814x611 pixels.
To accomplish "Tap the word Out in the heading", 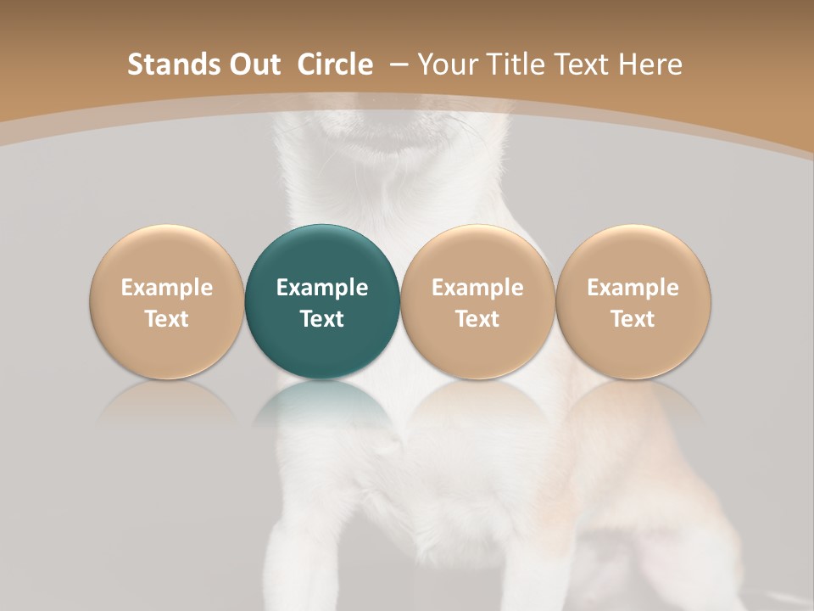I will click(256, 64).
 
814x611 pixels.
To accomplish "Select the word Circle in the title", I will click(335, 64).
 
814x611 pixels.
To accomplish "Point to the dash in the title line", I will click(396, 64).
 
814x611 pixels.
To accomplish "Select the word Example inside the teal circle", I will click(322, 288).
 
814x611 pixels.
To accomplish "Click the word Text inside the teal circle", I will click(322, 319).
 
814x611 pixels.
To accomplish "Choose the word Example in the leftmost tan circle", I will click(167, 288).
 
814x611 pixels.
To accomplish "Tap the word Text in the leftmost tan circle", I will click(167, 319).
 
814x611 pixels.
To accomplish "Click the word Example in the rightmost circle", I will click(633, 288).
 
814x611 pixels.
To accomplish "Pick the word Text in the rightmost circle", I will click(633, 319).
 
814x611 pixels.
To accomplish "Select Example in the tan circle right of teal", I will click(477, 288).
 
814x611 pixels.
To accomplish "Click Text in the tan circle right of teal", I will click(477, 319).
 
